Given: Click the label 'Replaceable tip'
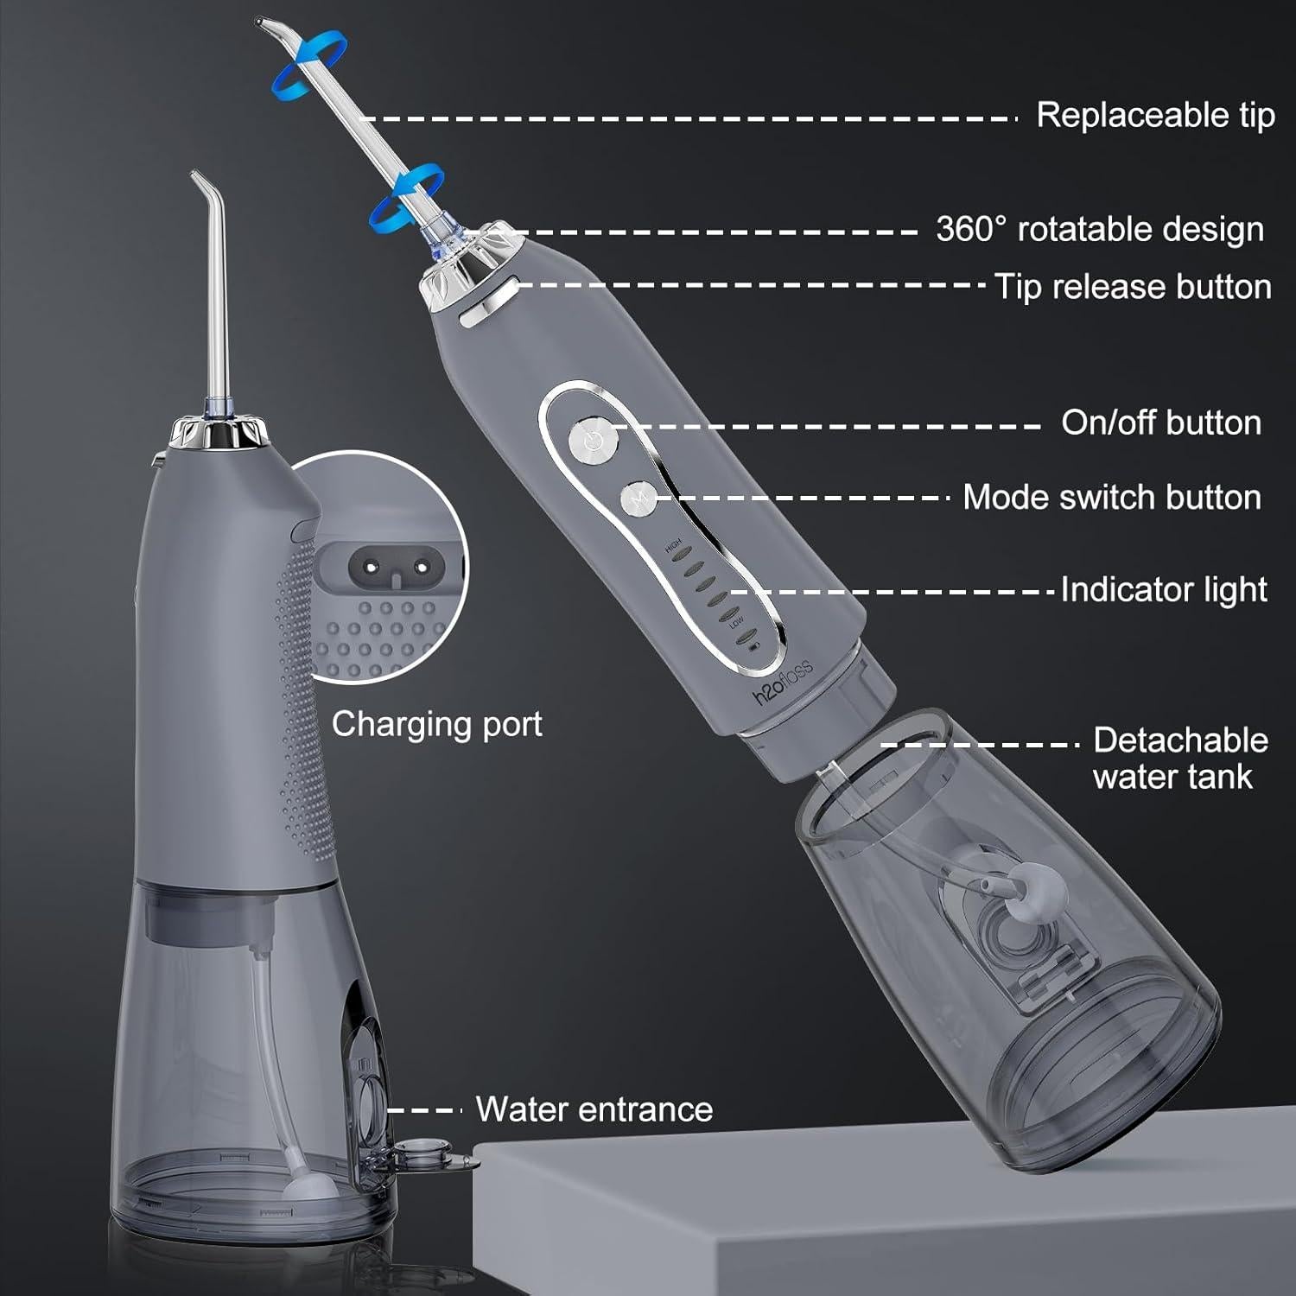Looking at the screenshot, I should click(x=1154, y=115).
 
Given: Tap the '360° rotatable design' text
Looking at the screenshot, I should click(x=1099, y=230).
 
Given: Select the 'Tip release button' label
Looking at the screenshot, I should click(x=1132, y=287).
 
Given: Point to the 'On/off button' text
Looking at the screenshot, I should click(x=1160, y=422).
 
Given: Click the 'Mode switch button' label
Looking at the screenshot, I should click(x=1111, y=498).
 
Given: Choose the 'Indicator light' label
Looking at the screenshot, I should click(x=1163, y=589).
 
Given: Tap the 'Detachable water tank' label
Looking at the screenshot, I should click(x=1178, y=758).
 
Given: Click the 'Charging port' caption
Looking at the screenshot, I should click(x=436, y=724).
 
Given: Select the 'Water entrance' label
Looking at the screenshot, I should click(x=594, y=1109).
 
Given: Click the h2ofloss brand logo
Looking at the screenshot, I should click(x=783, y=683).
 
